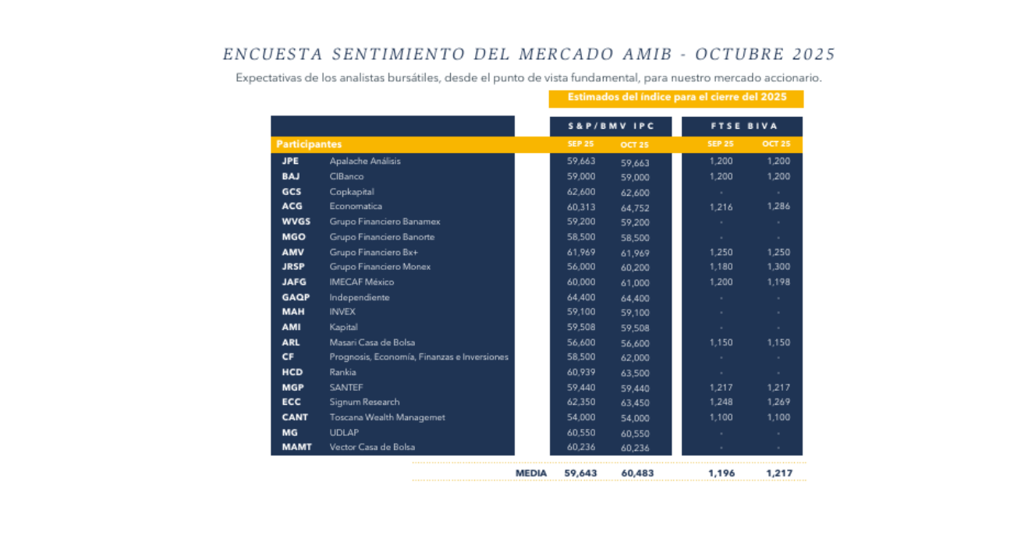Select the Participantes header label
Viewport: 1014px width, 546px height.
[309, 144]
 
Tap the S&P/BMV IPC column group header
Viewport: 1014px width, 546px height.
[611, 126]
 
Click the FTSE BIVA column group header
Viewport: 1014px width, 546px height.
[742, 126]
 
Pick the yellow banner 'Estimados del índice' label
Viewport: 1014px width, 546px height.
[675, 98]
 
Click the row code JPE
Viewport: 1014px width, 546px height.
[290, 161]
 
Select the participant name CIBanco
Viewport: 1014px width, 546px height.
[346, 176]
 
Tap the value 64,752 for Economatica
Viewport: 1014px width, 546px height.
[635, 207]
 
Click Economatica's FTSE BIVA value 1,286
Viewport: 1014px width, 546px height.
[777, 207]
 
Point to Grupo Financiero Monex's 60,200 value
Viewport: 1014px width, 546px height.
[635, 268]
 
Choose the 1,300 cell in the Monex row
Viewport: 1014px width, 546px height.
[777, 267]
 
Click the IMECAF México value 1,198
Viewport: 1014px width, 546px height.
[777, 282]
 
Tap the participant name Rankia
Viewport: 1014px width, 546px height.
[342, 372]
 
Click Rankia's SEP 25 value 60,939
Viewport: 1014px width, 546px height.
[580, 372]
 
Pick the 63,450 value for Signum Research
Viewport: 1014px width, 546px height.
[635, 402]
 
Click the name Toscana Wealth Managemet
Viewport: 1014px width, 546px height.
[387, 417]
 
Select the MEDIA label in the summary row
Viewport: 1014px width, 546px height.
[530, 473]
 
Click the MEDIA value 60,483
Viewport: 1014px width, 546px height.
[637, 473]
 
